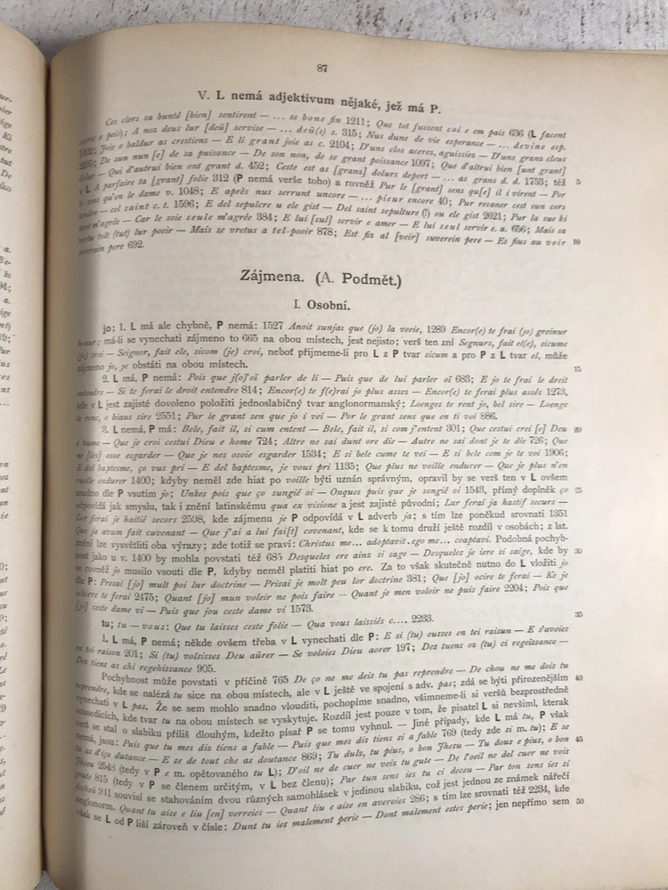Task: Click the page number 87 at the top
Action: tap(322, 68)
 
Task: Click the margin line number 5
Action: tap(580, 181)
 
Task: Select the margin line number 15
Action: tap(578, 368)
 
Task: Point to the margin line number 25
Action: tap(577, 490)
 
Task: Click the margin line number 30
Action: tap(577, 551)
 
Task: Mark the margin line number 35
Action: tap(577, 613)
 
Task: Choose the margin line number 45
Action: tap(580, 740)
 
